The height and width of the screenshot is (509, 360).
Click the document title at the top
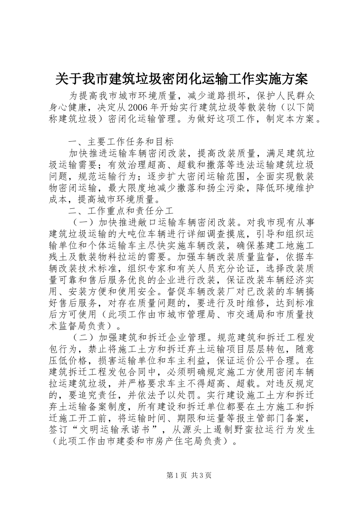181,79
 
